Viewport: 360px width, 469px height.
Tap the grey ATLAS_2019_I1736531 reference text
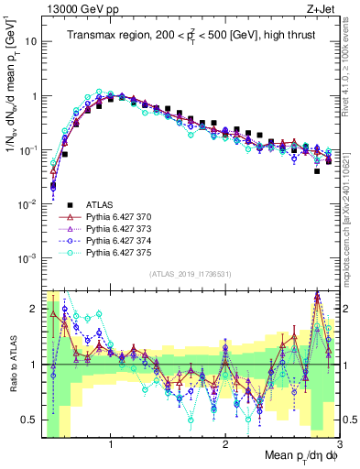click(191, 275)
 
